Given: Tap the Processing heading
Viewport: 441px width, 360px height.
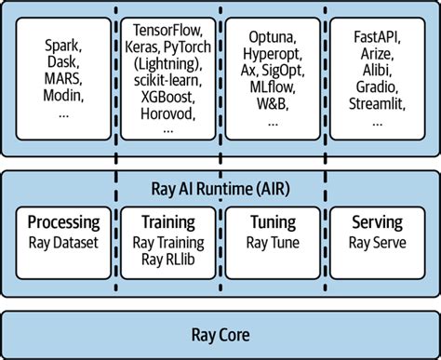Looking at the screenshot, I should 63,223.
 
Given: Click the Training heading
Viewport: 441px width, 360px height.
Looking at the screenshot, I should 167,223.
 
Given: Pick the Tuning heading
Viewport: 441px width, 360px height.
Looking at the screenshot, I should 273,223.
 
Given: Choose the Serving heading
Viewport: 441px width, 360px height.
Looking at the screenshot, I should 377,223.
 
